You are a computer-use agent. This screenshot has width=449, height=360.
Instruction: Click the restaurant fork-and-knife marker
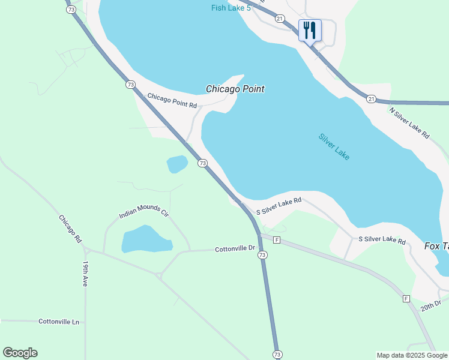tap(310, 31)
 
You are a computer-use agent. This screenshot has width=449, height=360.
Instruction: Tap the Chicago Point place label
tap(235, 89)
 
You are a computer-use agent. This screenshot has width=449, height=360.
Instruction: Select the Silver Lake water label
tap(334, 146)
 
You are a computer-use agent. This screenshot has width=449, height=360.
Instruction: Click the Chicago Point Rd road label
tap(172, 100)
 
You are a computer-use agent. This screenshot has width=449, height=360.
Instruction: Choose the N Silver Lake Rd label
tap(409, 123)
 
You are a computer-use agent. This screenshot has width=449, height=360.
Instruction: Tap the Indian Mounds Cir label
tap(143, 211)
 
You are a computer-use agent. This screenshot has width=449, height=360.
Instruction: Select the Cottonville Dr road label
tap(235, 248)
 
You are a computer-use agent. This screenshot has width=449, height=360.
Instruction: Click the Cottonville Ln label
tap(59, 322)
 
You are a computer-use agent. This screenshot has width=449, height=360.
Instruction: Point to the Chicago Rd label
tap(70, 228)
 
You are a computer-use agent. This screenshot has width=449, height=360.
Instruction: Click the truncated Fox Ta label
tap(436, 246)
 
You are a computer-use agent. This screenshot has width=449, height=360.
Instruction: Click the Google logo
tap(20, 353)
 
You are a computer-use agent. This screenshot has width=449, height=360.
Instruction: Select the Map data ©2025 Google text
tap(412, 355)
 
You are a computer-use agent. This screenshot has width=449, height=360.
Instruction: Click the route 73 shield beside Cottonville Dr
tap(262, 255)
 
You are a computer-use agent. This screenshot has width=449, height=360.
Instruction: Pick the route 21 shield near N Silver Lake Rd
tap(371, 98)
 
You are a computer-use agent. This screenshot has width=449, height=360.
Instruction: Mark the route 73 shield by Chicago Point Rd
tap(130, 85)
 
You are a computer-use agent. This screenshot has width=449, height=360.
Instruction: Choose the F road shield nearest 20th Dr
tap(406, 298)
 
